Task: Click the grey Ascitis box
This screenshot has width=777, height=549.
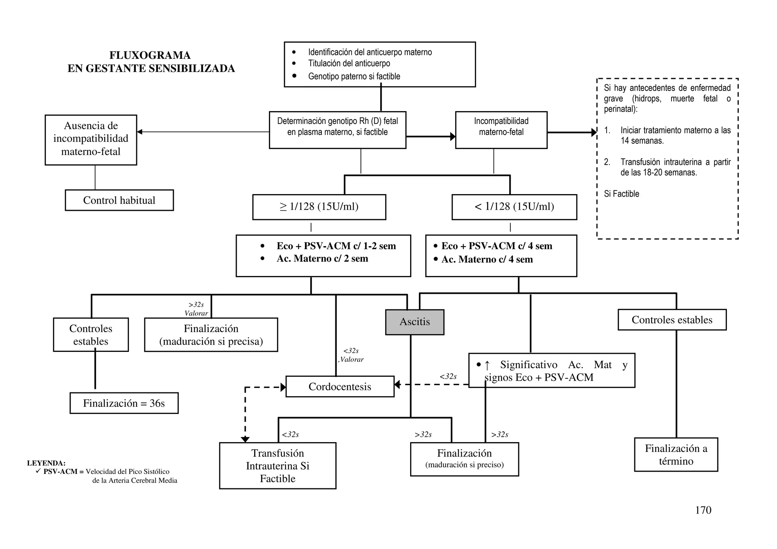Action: click(x=414, y=322)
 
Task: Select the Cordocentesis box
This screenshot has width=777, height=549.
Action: click(x=340, y=386)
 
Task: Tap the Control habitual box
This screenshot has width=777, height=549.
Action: click(x=119, y=200)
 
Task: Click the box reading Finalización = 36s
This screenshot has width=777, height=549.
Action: click(x=124, y=403)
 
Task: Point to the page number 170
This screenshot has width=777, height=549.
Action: click(x=703, y=510)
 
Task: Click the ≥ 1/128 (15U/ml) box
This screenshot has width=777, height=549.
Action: click(x=319, y=207)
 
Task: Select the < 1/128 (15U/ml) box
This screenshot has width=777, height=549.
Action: click(x=514, y=207)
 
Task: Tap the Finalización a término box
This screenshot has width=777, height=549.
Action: click(x=676, y=455)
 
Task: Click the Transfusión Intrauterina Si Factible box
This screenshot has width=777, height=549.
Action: click(x=277, y=466)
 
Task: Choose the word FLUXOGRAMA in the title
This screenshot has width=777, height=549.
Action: click(x=150, y=55)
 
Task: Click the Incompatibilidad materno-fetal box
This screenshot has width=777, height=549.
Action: click(x=501, y=130)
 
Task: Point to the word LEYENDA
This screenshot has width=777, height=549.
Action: click(x=46, y=463)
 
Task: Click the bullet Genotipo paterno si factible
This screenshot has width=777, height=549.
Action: click(x=354, y=76)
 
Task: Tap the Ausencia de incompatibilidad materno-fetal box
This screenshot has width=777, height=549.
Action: click(x=91, y=139)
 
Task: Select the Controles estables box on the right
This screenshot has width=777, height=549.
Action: click(x=672, y=320)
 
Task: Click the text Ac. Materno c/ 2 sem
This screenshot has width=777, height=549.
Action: click(x=322, y=259)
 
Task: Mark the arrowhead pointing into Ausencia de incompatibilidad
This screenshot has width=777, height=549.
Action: click(x=140, y=132)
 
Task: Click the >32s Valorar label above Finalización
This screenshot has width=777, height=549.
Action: click(x=196, y=309)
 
